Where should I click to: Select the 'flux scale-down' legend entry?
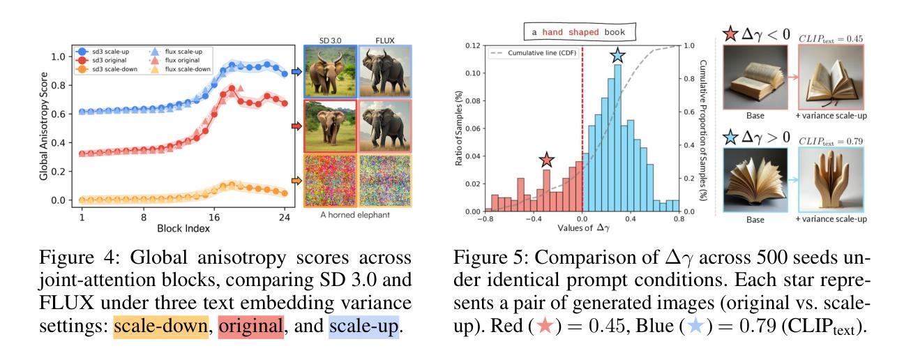click(x=178, y=69)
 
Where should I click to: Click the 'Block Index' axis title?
click(x=183, y=227)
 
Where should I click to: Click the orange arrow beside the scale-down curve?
click(x=296, y=181)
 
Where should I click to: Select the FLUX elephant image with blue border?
click(x=384, y=71)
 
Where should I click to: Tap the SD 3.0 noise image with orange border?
click(x=331, y=181)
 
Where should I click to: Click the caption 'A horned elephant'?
click(x=357, y=215)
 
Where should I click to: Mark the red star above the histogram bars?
click(x=546, y=160)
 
